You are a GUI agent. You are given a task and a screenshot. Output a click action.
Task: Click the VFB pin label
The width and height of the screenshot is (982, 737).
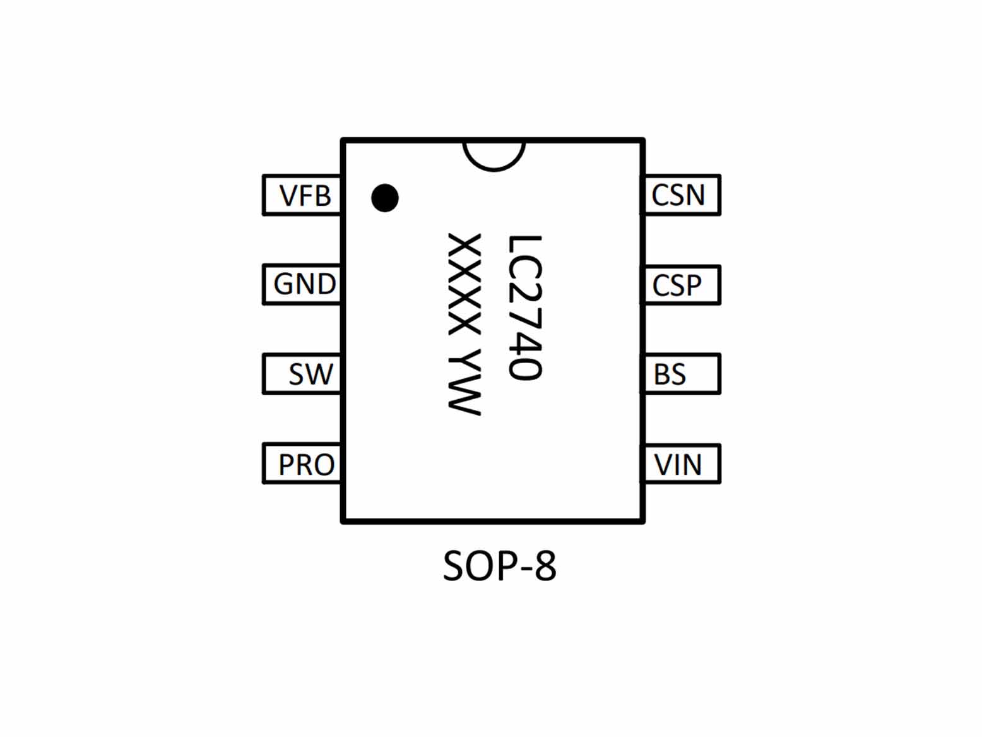pyautogui.click(x=305, y=196)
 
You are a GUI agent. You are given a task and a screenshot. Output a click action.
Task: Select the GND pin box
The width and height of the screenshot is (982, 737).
pyautogui.click(x=302, y=285)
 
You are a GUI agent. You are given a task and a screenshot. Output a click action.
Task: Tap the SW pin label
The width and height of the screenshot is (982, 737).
pyautogui.click(x=311, y=374)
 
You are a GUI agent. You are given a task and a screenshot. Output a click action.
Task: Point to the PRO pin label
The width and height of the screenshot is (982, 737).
pyautogui.click(x=307, y=464)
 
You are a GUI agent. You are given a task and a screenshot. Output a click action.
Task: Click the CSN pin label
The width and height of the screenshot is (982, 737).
pyautogui.click(x=678, y=195)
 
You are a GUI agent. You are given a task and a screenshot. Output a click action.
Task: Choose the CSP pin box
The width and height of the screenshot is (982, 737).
pyautogui.click(x=682, y=285)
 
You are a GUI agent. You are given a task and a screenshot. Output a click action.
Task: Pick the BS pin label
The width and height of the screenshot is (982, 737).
pyautogui.click(x=669, y=374)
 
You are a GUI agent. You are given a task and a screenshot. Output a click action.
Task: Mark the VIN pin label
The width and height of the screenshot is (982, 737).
pyautogui.click(x=678, y=464)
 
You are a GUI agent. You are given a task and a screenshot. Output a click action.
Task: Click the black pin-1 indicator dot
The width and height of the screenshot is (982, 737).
pyautogui.click(x=385, y=198)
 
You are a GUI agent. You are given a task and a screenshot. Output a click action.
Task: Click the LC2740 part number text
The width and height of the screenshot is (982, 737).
pyautogui.click(x=525, y=308)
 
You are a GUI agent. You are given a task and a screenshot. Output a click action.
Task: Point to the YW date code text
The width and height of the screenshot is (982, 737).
pyautogui.click(x=465, y=381)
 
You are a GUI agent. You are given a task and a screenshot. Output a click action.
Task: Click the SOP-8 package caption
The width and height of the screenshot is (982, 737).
pyautogui.click(x=500, y=566)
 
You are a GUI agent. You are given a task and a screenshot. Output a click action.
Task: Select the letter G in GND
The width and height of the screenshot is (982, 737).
pyautogui.click(x=283, y=284)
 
